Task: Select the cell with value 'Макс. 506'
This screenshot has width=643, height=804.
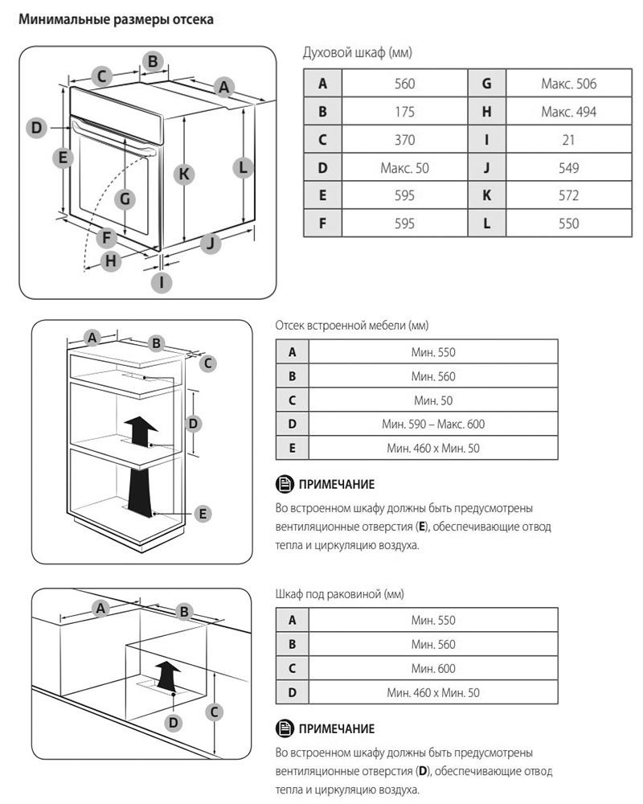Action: [x=568, y=84]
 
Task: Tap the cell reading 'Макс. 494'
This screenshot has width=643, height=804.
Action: [x=568, y=112]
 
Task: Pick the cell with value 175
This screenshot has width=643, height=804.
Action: [x=404, y=112]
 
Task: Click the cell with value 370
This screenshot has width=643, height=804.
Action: [x=404, y=140]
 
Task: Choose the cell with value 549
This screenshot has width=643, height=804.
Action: [x=568, y=168]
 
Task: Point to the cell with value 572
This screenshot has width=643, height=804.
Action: [x=568, y=195]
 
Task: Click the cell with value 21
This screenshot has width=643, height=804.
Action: [x=568, y=140]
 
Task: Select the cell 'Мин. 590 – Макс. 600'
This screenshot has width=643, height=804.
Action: [x=433, y=424]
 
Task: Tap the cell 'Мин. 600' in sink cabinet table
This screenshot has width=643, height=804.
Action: [x=433, y=668]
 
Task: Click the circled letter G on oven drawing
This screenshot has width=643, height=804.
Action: [x=125, y=199]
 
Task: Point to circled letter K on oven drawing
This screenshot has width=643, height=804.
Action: [x=185, y=173]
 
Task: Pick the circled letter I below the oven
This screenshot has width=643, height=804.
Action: [x=162, y=281]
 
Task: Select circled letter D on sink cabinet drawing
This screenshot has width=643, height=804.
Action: [x=172, y=723]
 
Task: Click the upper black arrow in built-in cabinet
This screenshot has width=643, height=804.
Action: [x=141, y=431]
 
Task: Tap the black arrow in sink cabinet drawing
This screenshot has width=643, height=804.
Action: [x=166, y=675]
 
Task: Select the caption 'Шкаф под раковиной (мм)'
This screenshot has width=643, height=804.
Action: [x=338, y=594]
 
